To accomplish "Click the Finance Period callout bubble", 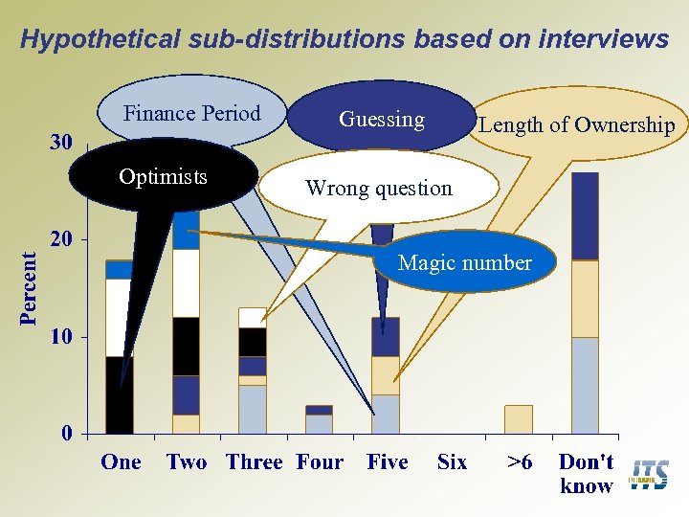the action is coord(192,113).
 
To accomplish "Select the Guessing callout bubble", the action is coord(382,119).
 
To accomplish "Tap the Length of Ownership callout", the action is coord(576,124).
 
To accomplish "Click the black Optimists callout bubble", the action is coord(163,177).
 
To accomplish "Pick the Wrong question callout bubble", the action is coord(378,188).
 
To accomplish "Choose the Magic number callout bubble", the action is coord(464,262).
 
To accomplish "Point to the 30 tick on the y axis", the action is coord(60,143).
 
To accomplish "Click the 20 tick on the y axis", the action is coord(61,239).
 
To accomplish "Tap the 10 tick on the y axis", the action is coord(61,337).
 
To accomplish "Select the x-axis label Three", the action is coord(254,462).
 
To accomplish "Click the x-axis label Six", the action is coord(452,462).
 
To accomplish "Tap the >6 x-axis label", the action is coord(520,462).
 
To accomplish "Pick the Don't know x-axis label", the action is coord(586,474).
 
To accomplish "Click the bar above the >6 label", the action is coord(519,419).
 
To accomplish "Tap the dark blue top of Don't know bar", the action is coord(585,215).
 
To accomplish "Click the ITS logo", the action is coord(650,475).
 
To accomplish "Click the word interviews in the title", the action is coord(604,39).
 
